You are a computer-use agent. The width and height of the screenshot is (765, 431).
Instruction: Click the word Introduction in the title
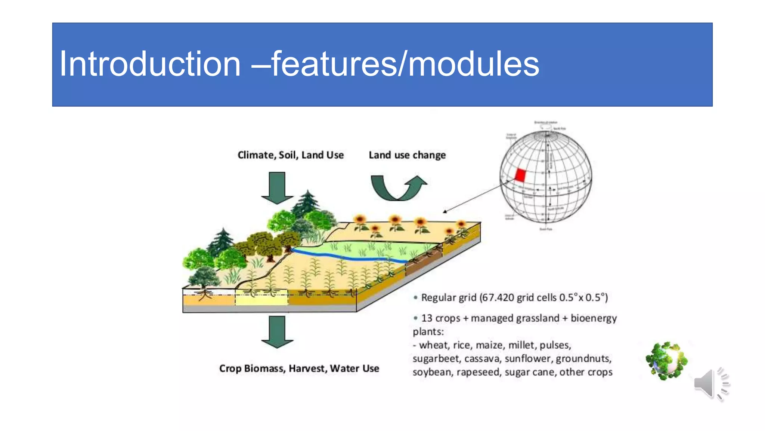click(x=150, y=64)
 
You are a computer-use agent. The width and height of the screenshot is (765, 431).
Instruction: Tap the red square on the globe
click(x=520, y=175)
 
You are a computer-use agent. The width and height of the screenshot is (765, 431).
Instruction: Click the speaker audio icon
click(x=711, y=383)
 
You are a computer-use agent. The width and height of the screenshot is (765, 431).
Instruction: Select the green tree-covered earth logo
click(x=667, y=361)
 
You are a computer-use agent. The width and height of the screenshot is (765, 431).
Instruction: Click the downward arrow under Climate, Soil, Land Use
click(x=277, y=188)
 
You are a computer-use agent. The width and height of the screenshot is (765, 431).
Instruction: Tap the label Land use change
click(x=407, y=155)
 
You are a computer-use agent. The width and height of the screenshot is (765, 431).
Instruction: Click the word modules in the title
click(x=474, y=64)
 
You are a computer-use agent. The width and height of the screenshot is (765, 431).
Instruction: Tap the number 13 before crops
click(x=427, y=318)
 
